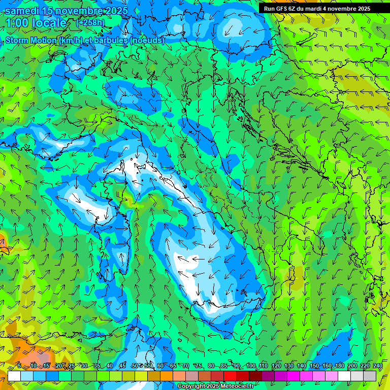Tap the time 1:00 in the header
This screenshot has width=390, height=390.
point(18,23)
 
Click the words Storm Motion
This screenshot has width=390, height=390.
point(31,40)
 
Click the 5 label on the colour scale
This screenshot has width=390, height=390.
point(19,366)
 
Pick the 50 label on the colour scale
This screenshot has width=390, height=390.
point(135,366)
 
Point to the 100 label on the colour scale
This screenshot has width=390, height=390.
point(250,366)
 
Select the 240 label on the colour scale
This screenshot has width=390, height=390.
point(378,366)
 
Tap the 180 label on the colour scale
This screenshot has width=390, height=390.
point(340,366)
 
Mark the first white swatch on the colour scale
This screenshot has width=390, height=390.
point(14,376)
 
